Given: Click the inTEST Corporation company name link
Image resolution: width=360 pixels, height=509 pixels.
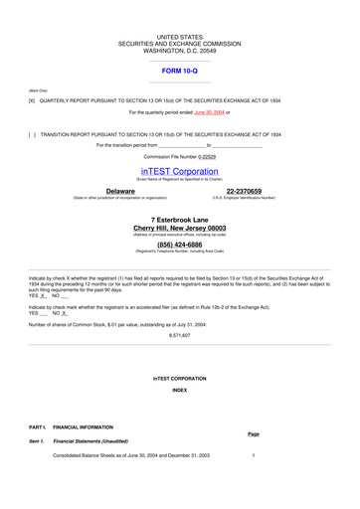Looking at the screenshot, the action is (x=180, y=171).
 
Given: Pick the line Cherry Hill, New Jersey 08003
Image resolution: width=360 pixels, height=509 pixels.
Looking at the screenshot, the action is (x=180, y=228).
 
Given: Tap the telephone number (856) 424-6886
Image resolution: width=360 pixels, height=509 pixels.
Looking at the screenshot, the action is (x=180, y=244).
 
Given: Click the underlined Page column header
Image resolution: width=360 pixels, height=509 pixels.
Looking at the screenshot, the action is (x=253, y=433).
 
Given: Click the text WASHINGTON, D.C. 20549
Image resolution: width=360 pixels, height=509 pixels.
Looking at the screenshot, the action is (x=180, y=51).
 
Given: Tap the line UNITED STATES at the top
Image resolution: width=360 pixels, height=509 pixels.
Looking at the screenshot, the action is (x=180, y=37).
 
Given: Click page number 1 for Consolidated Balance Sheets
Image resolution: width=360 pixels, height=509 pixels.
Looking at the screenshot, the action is (x=254, y=454).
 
